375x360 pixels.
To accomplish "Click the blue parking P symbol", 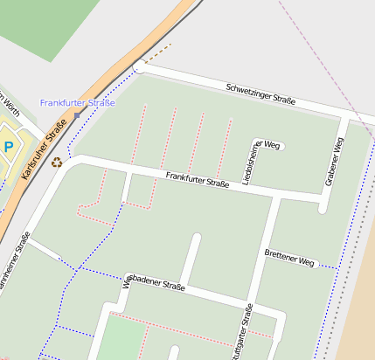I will pyautogui.click(x=8, y=147).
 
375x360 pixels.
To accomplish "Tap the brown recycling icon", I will pyautogui.click(x=57, y=162).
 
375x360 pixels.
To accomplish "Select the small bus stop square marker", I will pyautogui.click(x=77, y=114).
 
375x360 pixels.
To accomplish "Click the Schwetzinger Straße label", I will pyautogui.click(x=260, y=94).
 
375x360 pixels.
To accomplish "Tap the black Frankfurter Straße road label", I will pyautogui.click(x=198, y=180).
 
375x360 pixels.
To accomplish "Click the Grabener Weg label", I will pyautogui.click(x=334, y=162).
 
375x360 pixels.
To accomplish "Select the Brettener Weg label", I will pyautogui.click(x=288, y=257).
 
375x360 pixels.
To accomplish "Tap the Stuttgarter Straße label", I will pyautogui.click(x=244, y=332).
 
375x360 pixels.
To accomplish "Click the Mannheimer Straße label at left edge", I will pyautogui.click(x=14, y=262).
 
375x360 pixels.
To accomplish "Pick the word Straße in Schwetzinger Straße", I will pyautogui.click(x=281, y=99).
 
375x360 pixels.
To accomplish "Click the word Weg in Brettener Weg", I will pyautogui.click(x=305, y=260).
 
